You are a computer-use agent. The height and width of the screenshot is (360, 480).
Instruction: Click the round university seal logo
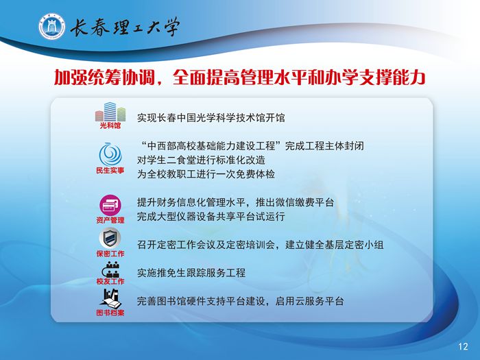click(x=52, y=26)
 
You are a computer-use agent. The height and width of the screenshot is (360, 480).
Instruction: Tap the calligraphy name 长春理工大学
click(x=125, y=27)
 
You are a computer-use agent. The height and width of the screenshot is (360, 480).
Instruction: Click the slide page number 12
click(x=463, y=346)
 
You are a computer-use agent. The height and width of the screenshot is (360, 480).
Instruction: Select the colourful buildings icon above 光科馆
click(x=110, y=112)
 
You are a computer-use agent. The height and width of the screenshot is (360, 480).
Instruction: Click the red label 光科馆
click(x=110, y=125)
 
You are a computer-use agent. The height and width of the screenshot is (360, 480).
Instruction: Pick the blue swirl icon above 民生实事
click(x=110, y=154)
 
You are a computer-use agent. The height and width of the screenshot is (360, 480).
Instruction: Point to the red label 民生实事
click(x=110, y=171)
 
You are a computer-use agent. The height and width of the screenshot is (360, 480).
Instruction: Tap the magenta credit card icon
click(x=110, y=205)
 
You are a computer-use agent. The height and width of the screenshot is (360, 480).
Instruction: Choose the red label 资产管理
click(x=110, y=220)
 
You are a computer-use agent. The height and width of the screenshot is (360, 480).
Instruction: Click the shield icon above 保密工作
click(x=110, y=238)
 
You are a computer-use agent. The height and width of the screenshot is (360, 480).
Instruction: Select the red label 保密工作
click(x=110, y=254)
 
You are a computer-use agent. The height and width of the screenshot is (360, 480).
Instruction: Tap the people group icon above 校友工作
click(x=110, y=269)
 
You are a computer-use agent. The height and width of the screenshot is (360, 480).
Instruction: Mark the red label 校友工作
click(x=110, y=281)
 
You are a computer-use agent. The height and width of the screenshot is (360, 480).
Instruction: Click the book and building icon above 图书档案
click(x=110, y=298)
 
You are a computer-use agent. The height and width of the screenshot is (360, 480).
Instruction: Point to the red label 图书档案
click(x=110, y=313)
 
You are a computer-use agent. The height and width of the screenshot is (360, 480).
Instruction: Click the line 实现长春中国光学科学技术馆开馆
click(x=211, y=117)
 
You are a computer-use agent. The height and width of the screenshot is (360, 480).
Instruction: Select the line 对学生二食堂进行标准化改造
click(x=201, y=160)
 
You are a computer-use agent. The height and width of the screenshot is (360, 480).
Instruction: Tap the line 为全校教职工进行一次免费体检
click(x=206, y=174)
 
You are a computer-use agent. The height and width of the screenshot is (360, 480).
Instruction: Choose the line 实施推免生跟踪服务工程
click(x=191, y=273)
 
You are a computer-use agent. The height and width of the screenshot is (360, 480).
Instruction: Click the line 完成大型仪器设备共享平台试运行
click(x=211, y=217)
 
